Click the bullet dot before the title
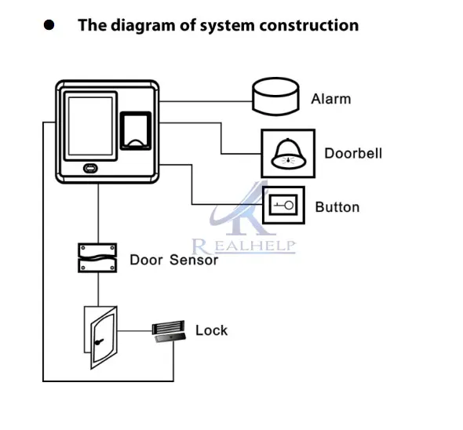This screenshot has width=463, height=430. pyautogui.click(x=49, y=25)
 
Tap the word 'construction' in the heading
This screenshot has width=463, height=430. pyautogui.click(x=309, y=25)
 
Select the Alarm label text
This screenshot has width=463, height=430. pyautogui.click(x=331, y=99)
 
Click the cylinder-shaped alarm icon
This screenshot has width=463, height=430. pyautogui.click(x=275, y=97)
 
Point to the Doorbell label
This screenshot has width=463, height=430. pyautogui.click(x=353, y=154)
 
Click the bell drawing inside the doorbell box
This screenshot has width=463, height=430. pyautogui.click(x=288, y=154)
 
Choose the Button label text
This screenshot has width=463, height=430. pyautogui.click(x=337, y=207)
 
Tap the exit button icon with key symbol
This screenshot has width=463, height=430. pyautogui.click(x=283, y=206)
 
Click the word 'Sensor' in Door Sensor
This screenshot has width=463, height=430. pyautogui.click(x=194, y=260)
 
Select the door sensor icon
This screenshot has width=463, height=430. pyautogui.click(x=97, y=258)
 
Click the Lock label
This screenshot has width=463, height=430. pyautogui.click(x=211, y=330)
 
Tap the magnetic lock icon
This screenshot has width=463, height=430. pyautogui.click(x=169, y=331)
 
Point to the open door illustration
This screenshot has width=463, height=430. pyautogui.click(x=100, y=337)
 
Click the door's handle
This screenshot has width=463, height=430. pyautogui.click(x=99, y=341)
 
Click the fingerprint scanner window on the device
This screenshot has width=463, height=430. pyautogui.click(x=136, y=131)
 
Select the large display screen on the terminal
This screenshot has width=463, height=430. pyautogui.click(x=91, y=126)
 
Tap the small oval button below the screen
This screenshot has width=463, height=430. pyautogui.click(x=91, y=169)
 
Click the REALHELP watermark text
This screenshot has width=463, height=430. pyautogui.click(x=243, y=246)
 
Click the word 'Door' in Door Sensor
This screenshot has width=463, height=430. pyautogui.click(x=146, y=260)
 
